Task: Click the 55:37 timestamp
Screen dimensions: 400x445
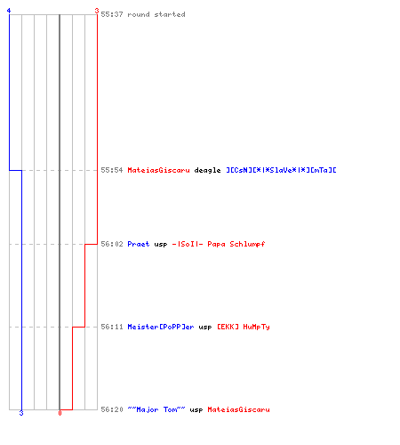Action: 112,14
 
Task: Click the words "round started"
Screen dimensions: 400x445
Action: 156,14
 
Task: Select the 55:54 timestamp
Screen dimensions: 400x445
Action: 112,170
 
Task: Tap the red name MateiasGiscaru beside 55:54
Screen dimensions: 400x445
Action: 158,170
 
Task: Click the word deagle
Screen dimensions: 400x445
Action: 207,171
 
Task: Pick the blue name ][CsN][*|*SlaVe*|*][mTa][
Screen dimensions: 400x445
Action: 281,170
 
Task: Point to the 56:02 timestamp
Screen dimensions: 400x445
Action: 112,244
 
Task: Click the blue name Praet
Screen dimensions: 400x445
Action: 139,244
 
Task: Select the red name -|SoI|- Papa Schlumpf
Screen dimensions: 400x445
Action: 219,244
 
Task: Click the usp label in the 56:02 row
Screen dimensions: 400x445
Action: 161,245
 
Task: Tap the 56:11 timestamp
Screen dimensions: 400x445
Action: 112,327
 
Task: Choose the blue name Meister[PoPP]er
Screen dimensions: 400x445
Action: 161,327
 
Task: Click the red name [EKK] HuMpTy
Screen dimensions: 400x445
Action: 244,327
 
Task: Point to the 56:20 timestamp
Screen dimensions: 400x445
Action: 112,409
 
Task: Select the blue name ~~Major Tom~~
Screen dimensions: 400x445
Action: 156,409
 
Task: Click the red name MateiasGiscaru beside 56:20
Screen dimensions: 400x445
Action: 238,409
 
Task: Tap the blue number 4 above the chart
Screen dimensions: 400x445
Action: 9,11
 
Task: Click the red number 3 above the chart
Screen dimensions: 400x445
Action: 97,11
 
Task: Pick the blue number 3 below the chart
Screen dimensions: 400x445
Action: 21,413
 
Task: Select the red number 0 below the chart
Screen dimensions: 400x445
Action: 60,413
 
